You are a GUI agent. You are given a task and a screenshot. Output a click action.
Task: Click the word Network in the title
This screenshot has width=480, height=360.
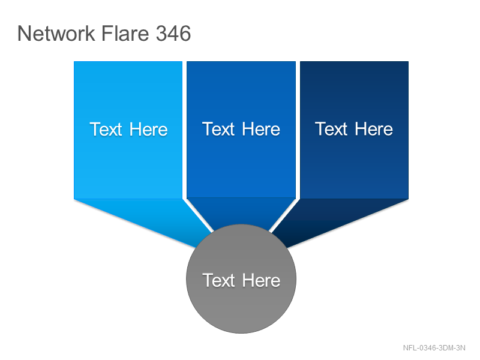coord(56,33)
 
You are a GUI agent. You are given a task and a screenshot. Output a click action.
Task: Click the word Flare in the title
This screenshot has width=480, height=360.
coord(125,33)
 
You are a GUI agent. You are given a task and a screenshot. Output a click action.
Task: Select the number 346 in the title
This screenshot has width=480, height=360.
coord(173,33)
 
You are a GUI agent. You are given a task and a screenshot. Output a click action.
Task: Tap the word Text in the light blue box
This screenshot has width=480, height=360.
coord(106,129)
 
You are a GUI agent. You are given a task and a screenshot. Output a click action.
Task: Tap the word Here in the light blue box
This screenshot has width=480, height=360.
coord(148,129)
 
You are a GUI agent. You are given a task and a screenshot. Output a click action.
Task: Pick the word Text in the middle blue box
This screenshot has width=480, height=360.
coord(218,129)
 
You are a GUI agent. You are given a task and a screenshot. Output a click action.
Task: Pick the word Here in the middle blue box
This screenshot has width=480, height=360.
coord(261,129)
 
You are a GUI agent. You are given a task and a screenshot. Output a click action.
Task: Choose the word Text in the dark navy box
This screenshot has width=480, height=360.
coord(332,129)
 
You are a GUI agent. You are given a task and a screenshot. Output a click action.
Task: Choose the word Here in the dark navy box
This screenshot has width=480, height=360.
coord(374,129)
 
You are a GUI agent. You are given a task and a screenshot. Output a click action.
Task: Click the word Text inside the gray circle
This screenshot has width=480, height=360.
coord(218,280)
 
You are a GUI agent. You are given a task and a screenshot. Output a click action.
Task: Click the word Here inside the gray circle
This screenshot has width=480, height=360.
coord(261,280)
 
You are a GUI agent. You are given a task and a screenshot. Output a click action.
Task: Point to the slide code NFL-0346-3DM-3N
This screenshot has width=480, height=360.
coord(434,348)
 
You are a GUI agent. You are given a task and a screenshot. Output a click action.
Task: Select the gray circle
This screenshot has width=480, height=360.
coord(241,278)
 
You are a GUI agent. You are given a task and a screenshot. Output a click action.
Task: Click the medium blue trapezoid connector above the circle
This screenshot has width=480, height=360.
coord(241,211)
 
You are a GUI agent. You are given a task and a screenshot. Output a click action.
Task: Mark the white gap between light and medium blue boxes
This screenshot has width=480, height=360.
coord(185,130)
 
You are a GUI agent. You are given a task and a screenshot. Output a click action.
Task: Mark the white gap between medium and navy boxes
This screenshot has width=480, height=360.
coord(298,130)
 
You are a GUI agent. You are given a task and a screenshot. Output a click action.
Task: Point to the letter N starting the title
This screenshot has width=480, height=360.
coord(25,33)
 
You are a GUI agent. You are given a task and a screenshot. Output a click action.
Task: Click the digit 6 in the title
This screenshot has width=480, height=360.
coord(185,33)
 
